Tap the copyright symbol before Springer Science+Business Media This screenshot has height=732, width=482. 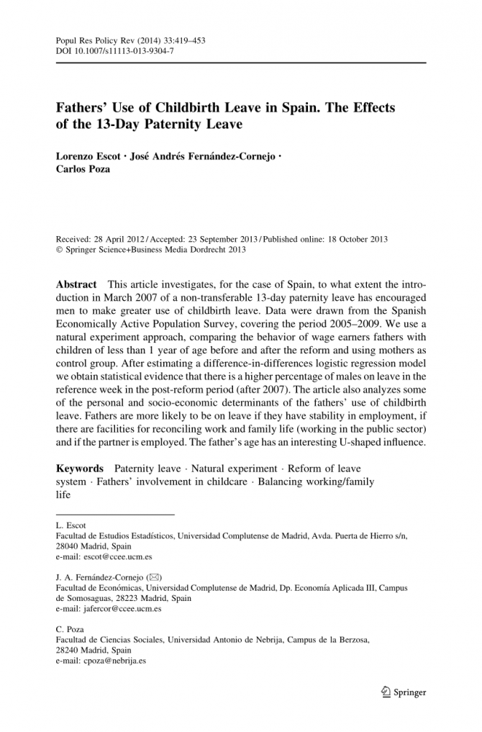click(60, 250)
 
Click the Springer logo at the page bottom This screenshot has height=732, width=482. click(402, 692)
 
